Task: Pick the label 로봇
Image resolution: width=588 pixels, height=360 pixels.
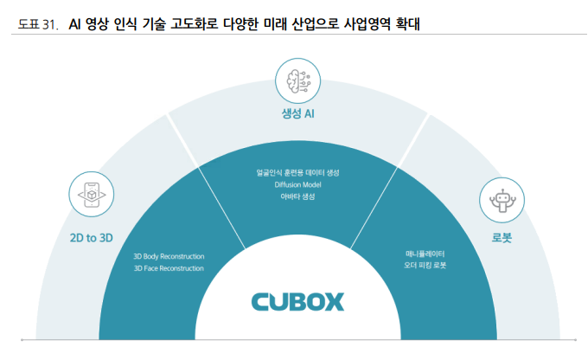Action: pos(502,236)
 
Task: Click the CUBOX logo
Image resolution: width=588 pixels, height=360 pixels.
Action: pos(297,301)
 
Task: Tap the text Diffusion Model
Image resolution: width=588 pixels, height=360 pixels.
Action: pos(297,184)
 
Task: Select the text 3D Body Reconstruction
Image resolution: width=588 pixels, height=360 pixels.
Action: pos(169,257)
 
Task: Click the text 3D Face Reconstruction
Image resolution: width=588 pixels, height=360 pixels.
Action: pos(169,268)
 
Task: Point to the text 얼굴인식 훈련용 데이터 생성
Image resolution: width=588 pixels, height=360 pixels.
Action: pos(297,173)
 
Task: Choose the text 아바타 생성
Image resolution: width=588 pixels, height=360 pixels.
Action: pos(297,196)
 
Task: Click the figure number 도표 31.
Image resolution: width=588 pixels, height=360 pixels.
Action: pos(38,26)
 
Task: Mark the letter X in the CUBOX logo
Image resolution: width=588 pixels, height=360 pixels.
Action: pos(333,301)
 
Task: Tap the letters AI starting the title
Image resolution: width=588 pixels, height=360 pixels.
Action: pos(76,26)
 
